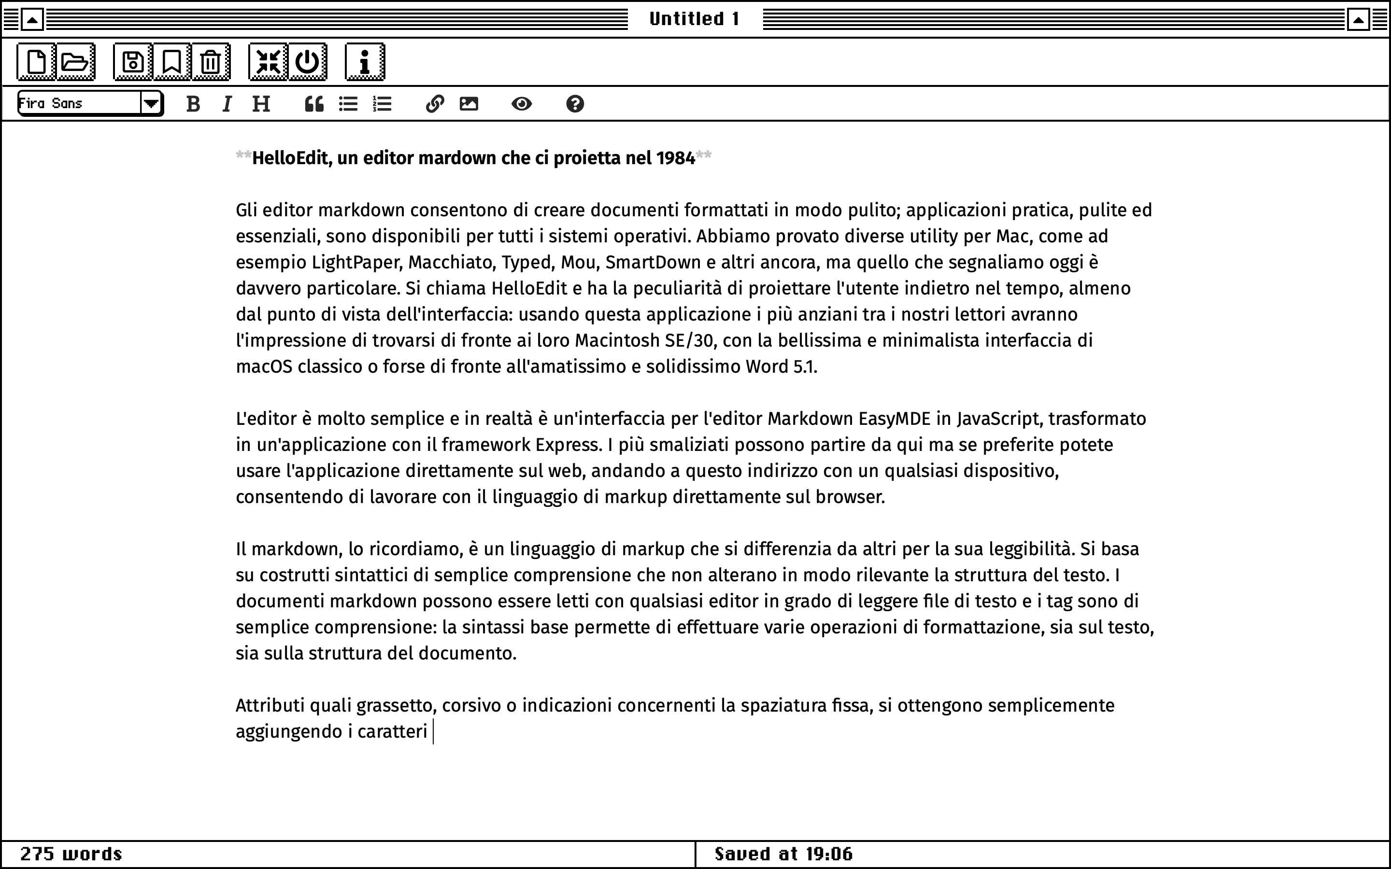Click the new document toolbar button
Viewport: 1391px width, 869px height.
36,61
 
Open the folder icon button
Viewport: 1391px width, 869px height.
75,61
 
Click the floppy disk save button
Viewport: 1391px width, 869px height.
133,61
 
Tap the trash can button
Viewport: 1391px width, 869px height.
211,61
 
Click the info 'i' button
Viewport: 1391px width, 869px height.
365,61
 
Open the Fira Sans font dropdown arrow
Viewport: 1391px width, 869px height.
151,104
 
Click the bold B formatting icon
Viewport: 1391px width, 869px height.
193,104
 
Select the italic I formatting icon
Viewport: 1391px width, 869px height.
227,104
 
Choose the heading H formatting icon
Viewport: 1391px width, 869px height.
261,104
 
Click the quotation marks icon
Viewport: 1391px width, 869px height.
314,104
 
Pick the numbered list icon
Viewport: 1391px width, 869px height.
382,104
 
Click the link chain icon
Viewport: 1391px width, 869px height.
435,104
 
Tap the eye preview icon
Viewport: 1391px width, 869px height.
521,104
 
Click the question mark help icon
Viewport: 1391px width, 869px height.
575,104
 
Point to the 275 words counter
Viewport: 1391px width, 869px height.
71,854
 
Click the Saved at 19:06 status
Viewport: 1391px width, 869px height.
783,854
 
